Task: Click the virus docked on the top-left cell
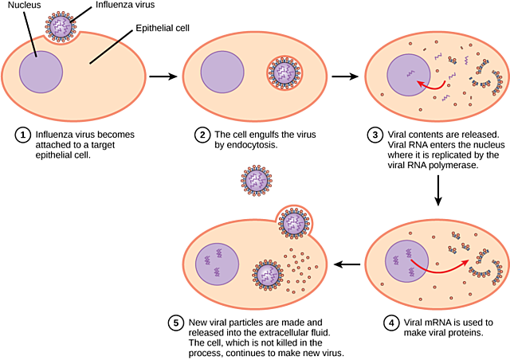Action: (x=61, y=26)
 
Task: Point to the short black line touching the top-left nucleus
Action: (x=33, y=47)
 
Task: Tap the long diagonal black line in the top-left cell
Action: (x=104, y=52)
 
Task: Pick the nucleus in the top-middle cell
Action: (x=222, y=72)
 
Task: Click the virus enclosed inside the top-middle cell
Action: (x=284, y=72)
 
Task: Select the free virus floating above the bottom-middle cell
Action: (x=257, y=181)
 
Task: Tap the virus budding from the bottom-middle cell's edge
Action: (x=293, y=222)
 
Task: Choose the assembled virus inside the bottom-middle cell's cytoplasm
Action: (x=269, y=276)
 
